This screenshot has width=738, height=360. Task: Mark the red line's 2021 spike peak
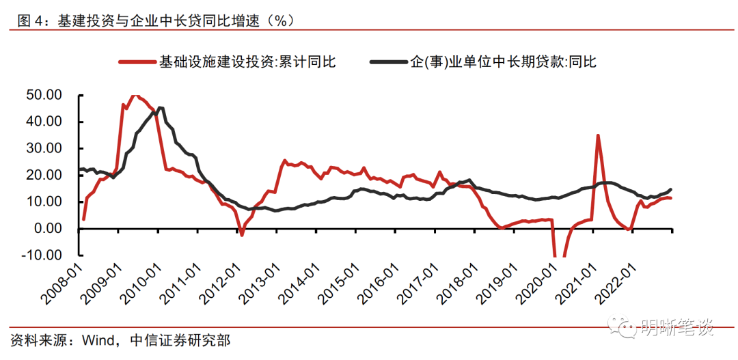click(598, 135)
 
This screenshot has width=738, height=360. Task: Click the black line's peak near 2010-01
click(160, 108)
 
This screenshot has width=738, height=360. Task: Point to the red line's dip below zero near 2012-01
click(242, 235)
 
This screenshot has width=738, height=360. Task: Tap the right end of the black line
click(670, 189)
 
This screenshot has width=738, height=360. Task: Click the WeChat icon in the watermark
click(623, 327)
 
